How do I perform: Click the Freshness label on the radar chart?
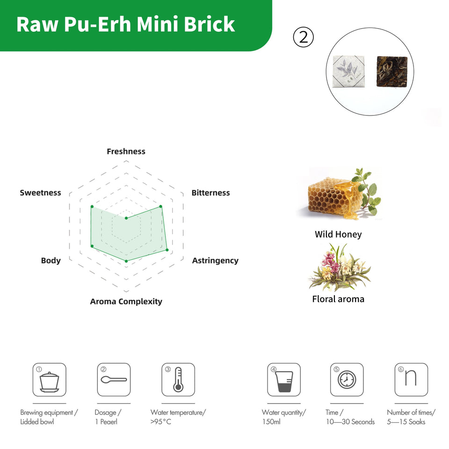point(126,152)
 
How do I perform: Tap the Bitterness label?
point(211,193)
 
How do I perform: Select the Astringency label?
point(215,261)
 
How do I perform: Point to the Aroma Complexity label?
point(126,302)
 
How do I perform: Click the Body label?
point(51,261)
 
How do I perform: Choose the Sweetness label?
point(40,193)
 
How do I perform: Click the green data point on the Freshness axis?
point(126,218)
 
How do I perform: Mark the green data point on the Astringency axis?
point(167,250)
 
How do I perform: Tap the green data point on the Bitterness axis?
point(160,206)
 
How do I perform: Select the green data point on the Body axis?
point(92,246)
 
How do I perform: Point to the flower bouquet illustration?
point(339,267)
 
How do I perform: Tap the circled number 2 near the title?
point(304,37)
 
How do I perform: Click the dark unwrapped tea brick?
point(392,71)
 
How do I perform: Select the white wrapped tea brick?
point(348,72)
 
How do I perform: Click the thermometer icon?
point(178,379)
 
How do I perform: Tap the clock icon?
point(347,380)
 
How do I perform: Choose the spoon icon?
point(114,380)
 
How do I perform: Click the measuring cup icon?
point(284,381)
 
